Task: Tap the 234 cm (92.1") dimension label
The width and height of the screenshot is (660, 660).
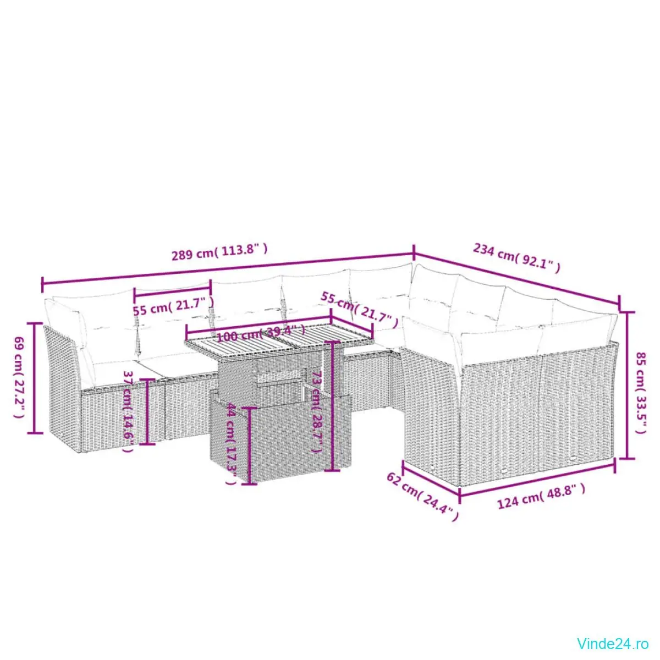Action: (517, 258)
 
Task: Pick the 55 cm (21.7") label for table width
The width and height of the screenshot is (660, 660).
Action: (360, 310)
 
